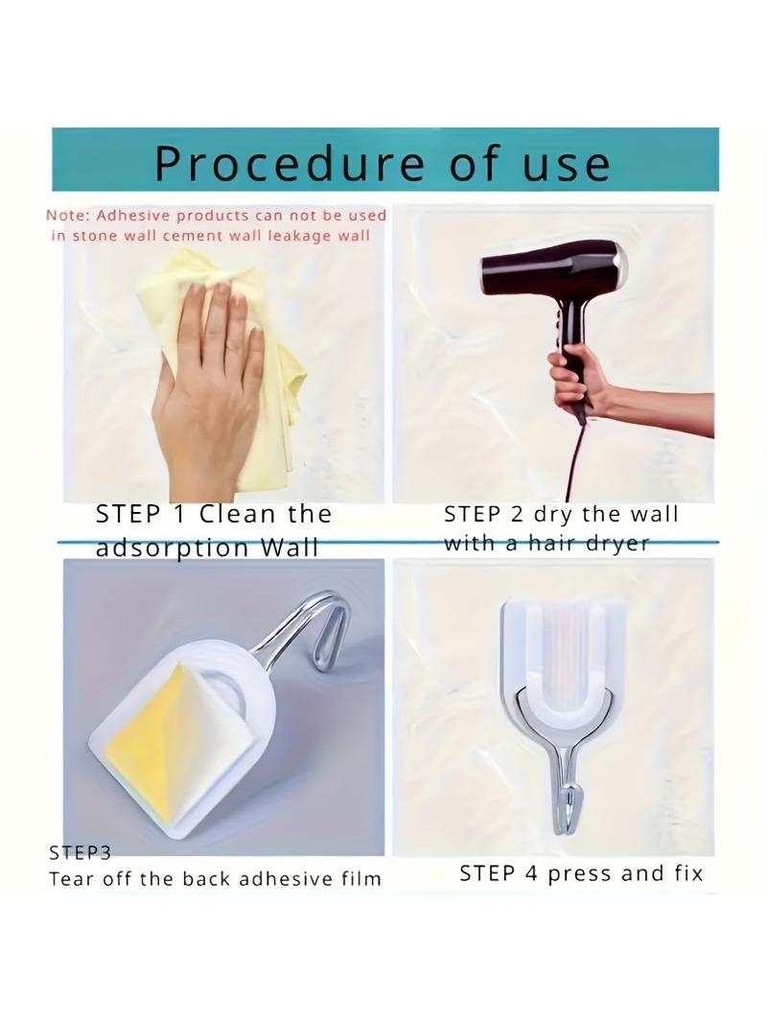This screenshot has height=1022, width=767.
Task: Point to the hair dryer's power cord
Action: [574, 456]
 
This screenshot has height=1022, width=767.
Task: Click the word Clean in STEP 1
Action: [237, 514]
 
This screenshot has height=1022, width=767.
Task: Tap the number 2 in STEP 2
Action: [516, 514]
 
